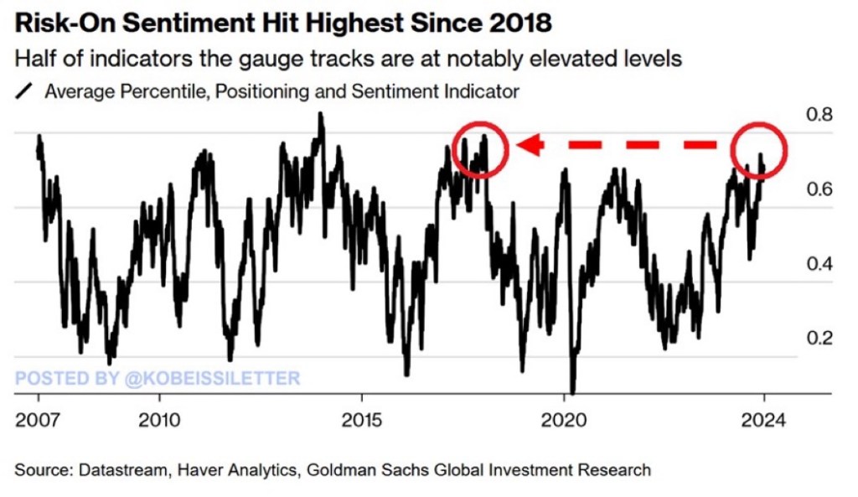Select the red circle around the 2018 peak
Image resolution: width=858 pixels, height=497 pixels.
click(479, 148)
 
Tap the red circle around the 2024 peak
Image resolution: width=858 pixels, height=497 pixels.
click(758, 149)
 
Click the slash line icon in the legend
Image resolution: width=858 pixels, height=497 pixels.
click(24, 91)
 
